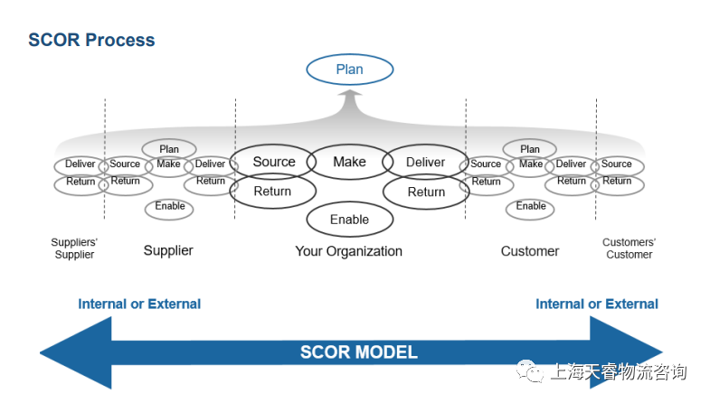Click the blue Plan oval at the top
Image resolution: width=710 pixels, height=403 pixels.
click(x=349, y=70)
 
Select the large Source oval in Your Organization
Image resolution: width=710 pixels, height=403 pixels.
click(x=273, y=163)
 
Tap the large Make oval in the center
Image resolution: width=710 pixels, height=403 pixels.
click(x=349, y=162)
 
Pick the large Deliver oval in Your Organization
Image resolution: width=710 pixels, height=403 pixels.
click(x=425, y=163)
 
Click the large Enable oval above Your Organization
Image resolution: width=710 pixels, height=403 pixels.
click(x=349, y=220)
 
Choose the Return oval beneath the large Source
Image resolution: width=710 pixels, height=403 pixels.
click(x=272, y=192)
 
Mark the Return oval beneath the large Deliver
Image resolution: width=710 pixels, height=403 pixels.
click(x=426, y=192)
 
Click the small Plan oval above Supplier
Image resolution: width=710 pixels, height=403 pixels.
click(x=169, y=149)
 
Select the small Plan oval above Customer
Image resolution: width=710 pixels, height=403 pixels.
click(x=530, y=149)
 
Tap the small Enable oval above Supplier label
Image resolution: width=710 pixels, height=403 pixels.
click(x=169, y=207)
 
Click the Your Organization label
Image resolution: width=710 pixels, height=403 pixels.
click(x=348, y=250)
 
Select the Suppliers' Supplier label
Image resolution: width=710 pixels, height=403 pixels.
click(x=74, y=248)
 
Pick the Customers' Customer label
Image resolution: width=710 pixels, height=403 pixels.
click(x=629, y=248)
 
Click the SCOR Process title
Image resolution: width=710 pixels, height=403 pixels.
click(x=91, y=41)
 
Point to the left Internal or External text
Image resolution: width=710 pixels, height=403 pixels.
click(x=139, y=304)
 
